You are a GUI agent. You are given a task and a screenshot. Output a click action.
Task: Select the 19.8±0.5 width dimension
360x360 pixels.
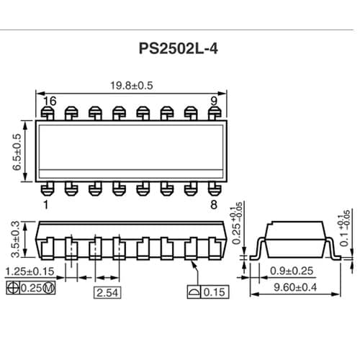tap(132, 86)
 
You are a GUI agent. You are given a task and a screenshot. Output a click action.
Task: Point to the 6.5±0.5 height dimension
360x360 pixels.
tap(17, 151)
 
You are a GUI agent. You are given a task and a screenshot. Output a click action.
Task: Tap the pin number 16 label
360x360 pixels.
tap(49, 101)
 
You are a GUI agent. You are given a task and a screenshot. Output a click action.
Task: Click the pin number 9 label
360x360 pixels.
tap(214, 101)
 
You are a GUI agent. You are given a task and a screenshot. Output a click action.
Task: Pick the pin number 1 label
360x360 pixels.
tap(46, 205)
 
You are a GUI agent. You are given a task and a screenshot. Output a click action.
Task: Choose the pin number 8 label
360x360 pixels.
tap(213, 205)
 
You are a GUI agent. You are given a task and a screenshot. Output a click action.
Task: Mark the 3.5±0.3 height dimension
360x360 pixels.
tap(17, 239)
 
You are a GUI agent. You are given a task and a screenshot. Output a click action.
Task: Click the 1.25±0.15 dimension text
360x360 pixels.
tap(30, 271)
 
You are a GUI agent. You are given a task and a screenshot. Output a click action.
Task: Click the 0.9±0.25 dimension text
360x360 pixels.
tap(292, 271)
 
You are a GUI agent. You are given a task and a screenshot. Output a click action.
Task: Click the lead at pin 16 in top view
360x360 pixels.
tap(48, 113)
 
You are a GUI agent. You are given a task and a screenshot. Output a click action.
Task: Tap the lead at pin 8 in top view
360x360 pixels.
tap(213, 189)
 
